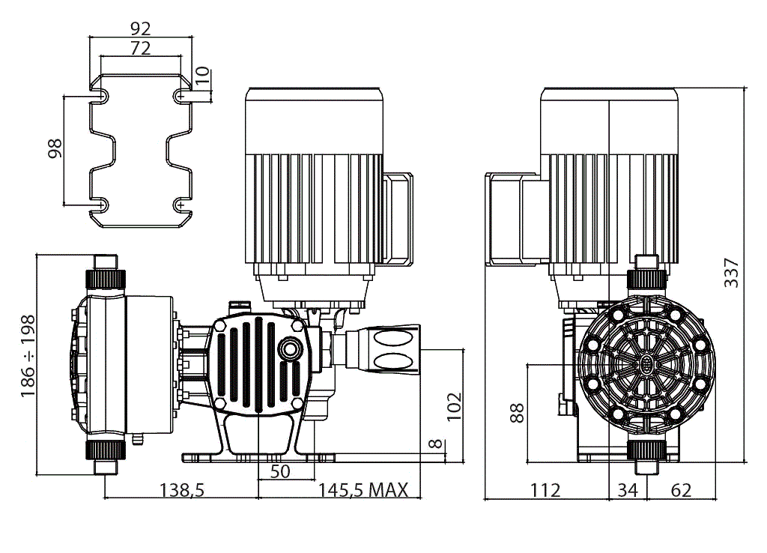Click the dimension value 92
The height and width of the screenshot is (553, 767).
coord(141,28)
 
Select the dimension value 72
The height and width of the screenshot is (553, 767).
coord(141,48)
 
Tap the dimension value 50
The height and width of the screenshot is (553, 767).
coord(279,472)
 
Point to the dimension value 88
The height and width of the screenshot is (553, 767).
coord(518,413)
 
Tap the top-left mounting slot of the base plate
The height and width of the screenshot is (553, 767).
coord(99,95)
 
